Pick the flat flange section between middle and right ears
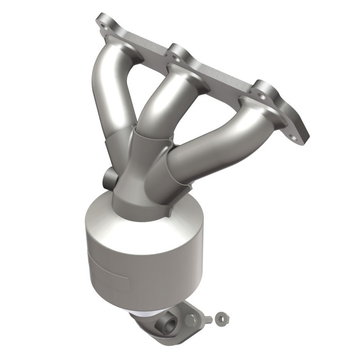[x=223, y=76]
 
